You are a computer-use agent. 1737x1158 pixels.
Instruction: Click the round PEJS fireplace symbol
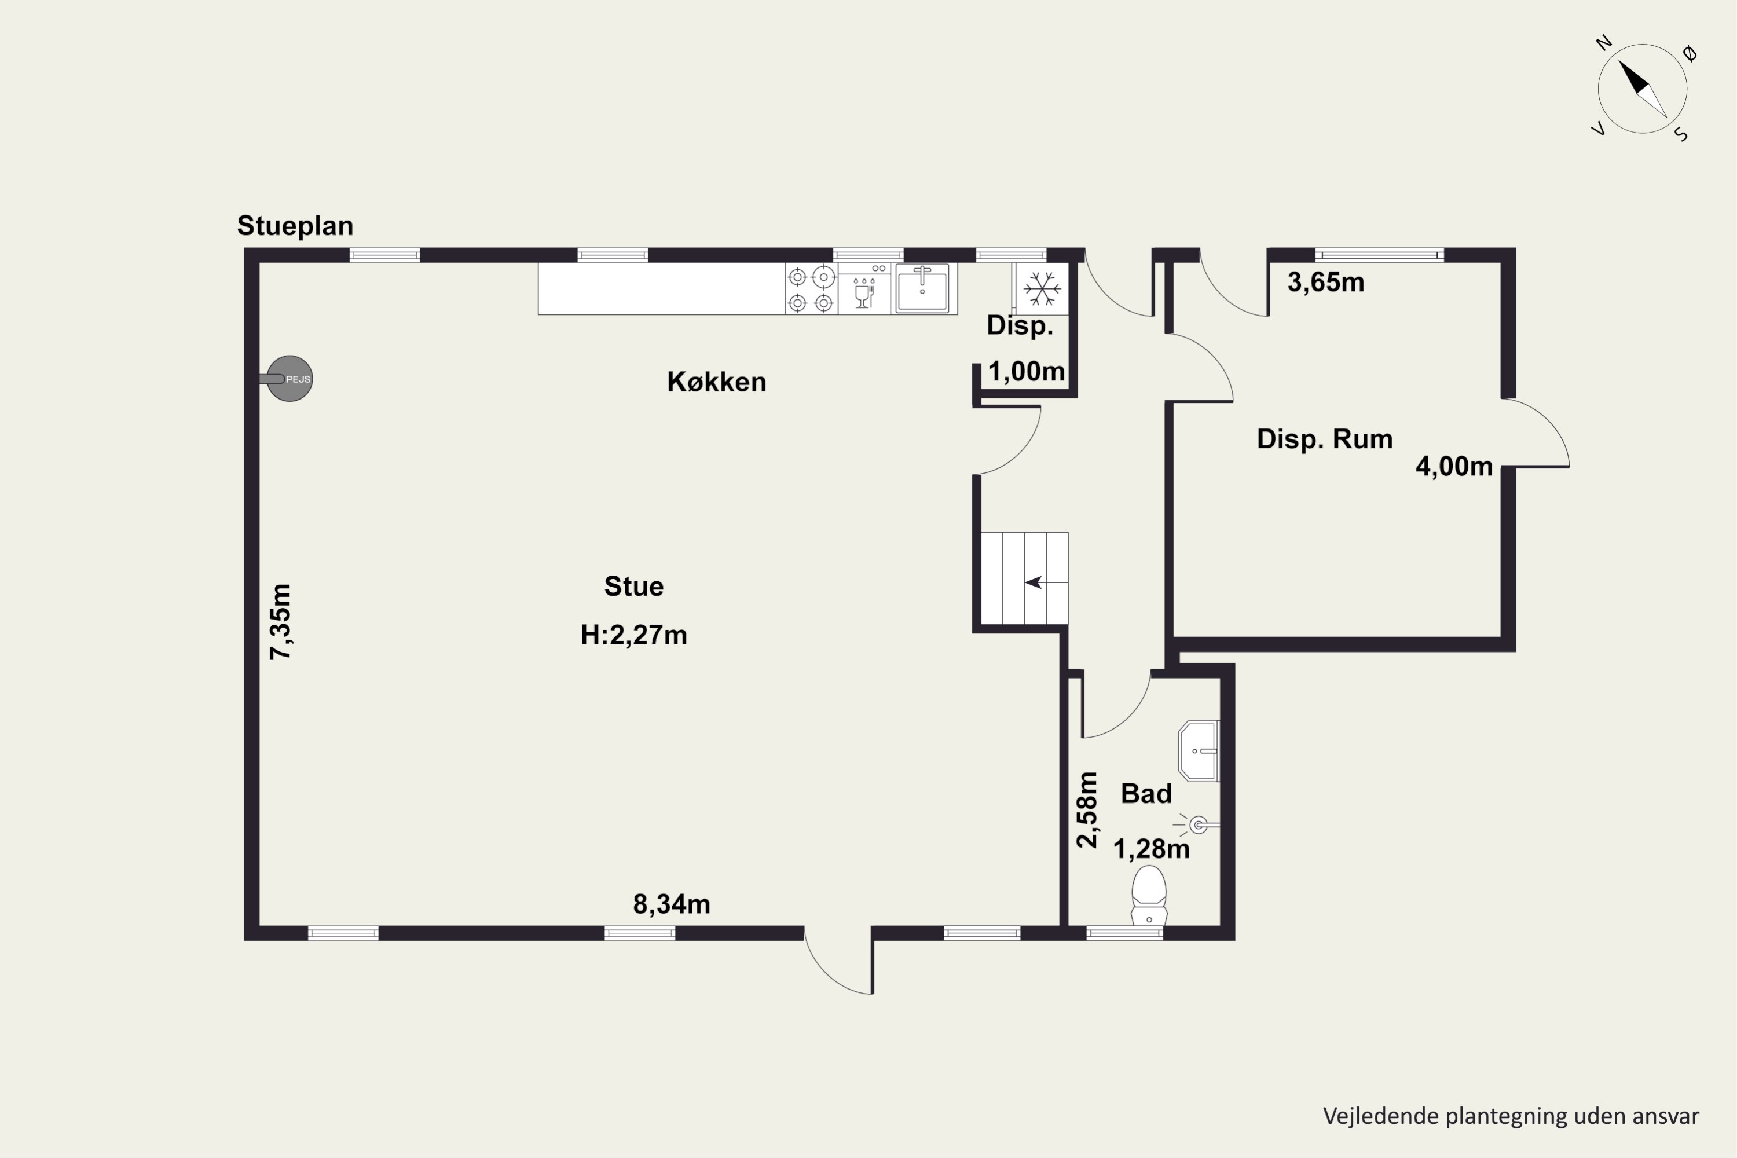pos(289,379)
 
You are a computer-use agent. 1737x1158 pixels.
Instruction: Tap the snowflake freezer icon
pos(1042,288)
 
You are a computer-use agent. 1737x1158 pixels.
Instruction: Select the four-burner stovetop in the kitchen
pos(811,289)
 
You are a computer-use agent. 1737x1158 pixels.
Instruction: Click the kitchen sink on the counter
pos(922,288)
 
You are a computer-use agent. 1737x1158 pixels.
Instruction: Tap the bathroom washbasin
pos(1198,751)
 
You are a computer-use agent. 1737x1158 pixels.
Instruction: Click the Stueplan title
pos(295,226)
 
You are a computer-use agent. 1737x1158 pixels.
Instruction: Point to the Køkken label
pos(716,382)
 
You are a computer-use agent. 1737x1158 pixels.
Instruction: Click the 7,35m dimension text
pos(281,621)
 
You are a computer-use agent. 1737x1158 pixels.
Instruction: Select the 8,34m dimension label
pos(671,904)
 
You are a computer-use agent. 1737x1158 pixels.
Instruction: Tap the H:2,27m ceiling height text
pos(633,635)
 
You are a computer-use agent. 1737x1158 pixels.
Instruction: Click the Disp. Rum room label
pos(1325,439)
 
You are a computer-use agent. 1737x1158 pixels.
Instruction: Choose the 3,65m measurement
pos(1326,282)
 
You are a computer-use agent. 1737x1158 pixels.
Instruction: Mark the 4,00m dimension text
pos(1454,467)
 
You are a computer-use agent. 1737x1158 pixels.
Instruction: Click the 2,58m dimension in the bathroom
pos(1087,809)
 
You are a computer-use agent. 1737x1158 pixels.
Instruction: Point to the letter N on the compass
pos(1603,43)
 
